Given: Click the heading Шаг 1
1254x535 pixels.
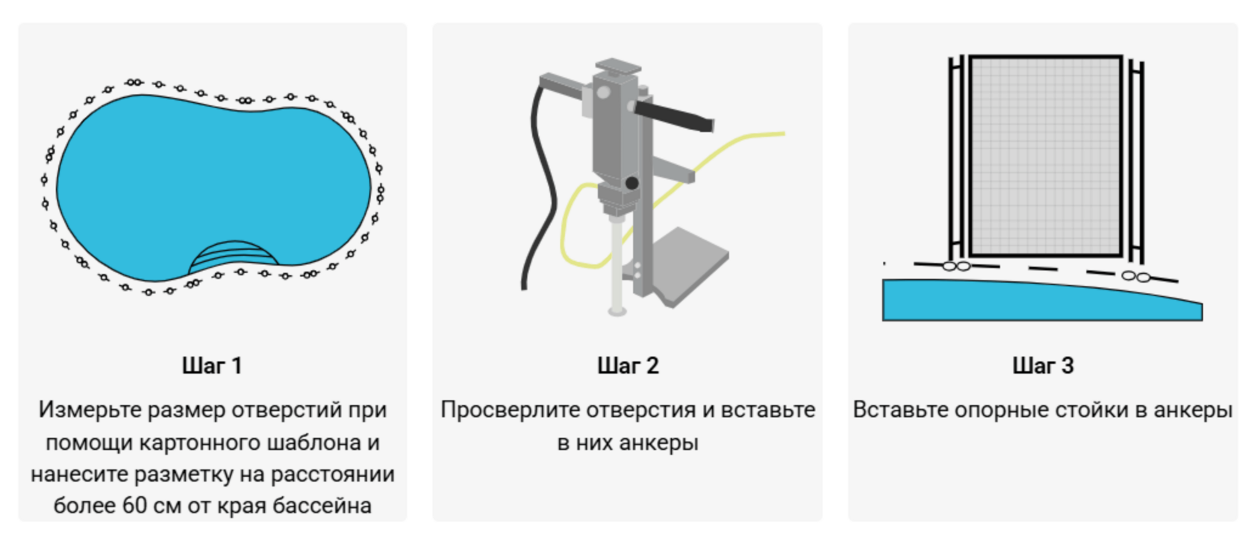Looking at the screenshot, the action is point(212,366).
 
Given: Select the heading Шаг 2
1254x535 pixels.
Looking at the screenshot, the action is point(628,366).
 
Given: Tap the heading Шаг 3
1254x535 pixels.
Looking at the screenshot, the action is point(1043,366).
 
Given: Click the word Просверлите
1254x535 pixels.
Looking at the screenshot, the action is point(510,410).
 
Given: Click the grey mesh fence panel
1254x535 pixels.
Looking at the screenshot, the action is point(1045,157).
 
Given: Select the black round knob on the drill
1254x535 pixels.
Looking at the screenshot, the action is point(631,183).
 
